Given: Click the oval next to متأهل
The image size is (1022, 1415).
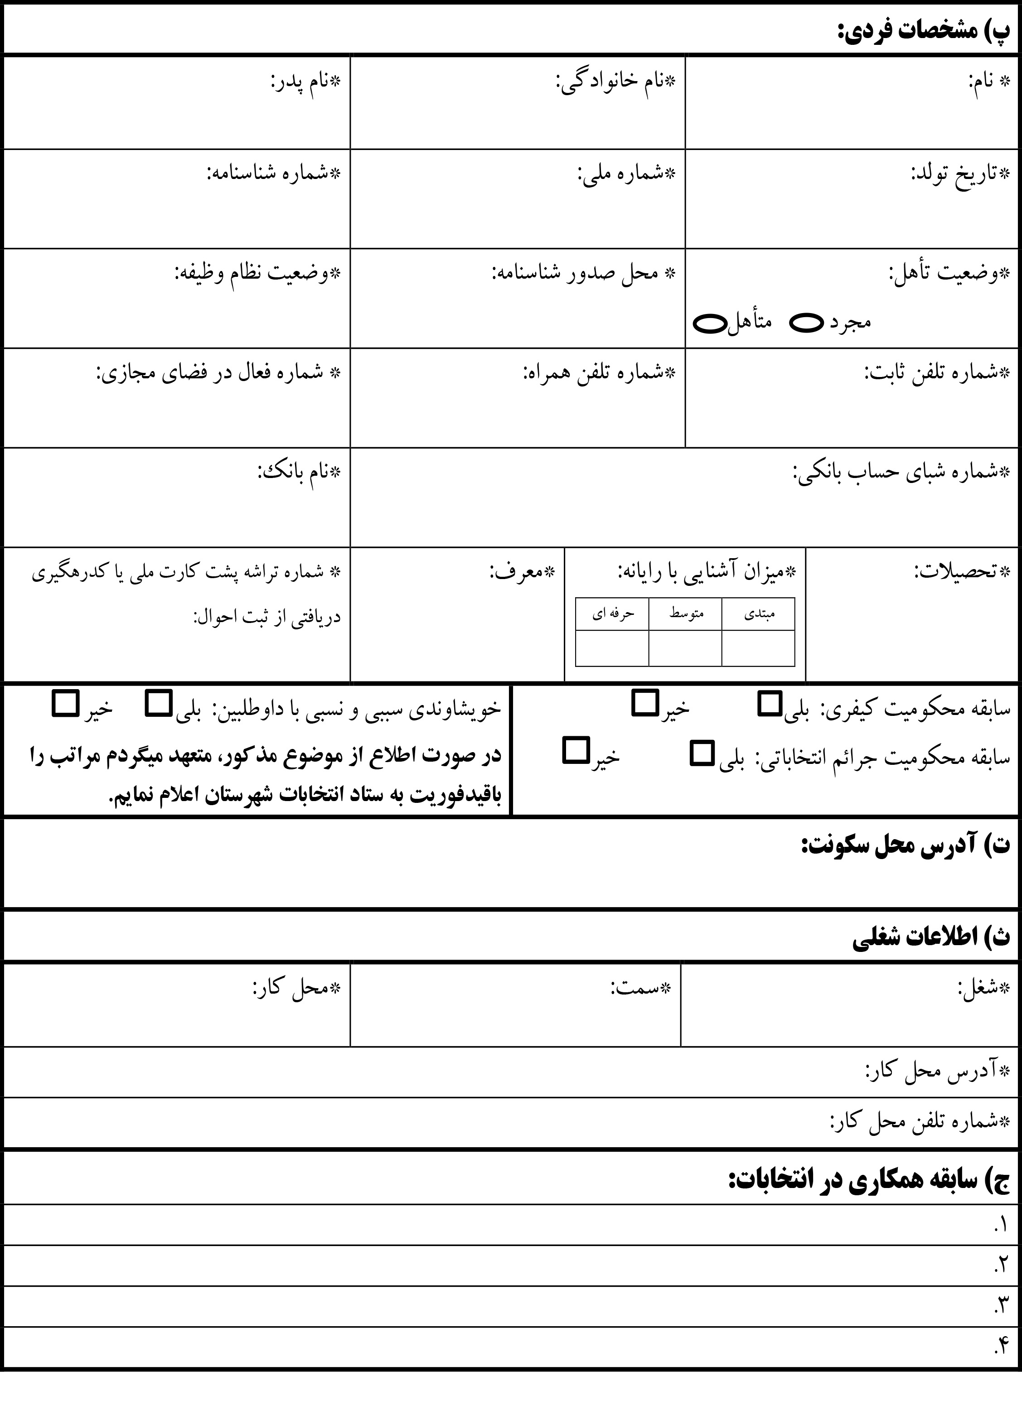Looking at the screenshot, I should pos(710,323).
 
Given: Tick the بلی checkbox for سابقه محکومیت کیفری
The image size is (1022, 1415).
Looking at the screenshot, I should pos(769,703).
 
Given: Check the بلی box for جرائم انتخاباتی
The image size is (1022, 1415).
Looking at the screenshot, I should pos(702,753).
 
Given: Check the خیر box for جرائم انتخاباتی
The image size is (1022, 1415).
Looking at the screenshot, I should pos(575,751).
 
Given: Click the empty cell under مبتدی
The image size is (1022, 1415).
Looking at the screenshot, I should pos(758,648).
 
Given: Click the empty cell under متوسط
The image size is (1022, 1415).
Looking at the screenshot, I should pos(685,648).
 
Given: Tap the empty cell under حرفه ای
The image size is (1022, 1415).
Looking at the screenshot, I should pos(612,648).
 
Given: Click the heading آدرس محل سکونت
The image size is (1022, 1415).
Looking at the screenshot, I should pos(905,845).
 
